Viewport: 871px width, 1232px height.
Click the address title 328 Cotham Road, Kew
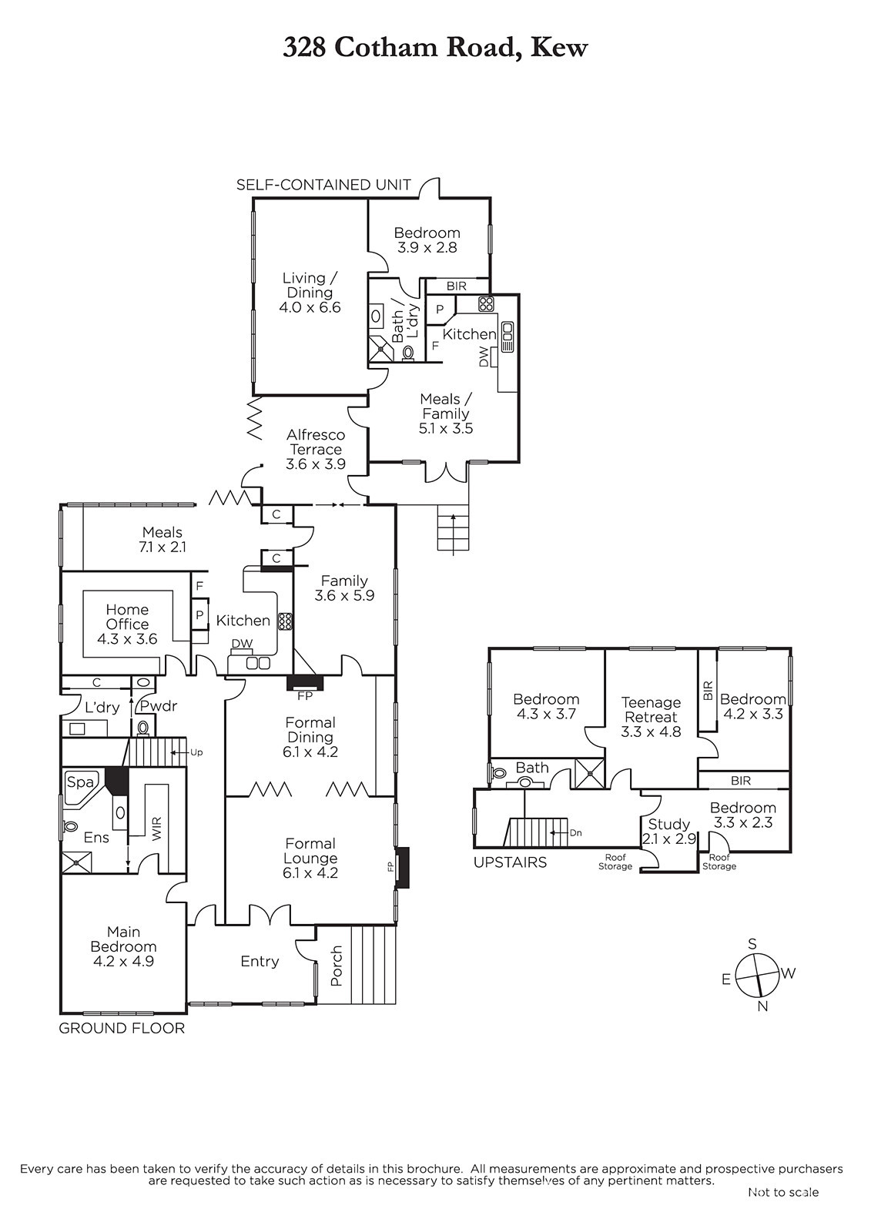pos(435,48)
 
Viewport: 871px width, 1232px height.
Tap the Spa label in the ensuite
pos(77,782)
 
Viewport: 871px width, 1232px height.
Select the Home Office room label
pos(127,617)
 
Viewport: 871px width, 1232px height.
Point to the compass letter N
pos(762,1006)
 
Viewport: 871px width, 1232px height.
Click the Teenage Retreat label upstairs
pos(651,709)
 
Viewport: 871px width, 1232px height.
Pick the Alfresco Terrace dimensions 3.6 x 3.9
pos(316,464)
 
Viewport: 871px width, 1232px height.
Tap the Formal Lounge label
pos(311,851)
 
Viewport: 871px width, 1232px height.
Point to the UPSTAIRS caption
pos(510,862)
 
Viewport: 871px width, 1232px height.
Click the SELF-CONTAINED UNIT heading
pos(323,185)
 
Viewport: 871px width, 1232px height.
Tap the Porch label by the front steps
pos(337,966)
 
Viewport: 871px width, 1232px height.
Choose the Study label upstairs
pos(668,824)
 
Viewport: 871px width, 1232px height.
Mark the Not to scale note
pos(783,1192)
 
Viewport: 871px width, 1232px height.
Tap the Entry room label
pos(260,962)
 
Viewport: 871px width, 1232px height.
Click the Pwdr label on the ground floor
pos(159,706)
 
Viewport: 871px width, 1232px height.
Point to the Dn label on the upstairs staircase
pos(575,832)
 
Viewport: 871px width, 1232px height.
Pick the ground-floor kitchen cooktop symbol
pos(285,621)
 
